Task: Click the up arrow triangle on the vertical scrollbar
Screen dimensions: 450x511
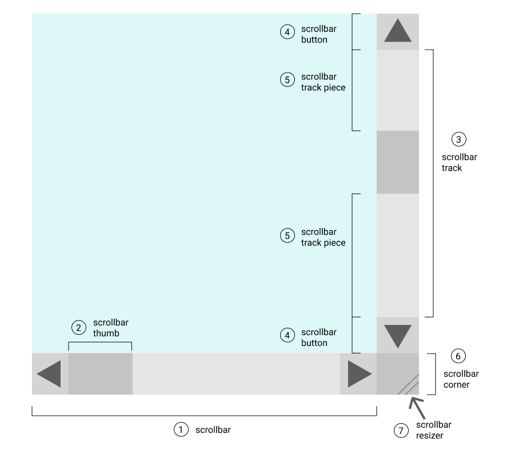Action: click(398, 31)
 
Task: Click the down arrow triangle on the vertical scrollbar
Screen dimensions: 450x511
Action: click(398, 336)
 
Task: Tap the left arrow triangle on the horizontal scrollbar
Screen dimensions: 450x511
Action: click(50, 374)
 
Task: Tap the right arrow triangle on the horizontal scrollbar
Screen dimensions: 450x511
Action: click(359, 374)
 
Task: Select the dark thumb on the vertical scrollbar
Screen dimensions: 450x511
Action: click(398, 162)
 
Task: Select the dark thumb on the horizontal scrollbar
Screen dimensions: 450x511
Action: click(101, 374)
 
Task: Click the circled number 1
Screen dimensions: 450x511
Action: click(181, 429)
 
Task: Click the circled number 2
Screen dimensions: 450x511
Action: click(78, 327)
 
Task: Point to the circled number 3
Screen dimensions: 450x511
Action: click(459, 139)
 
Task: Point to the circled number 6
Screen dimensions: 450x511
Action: click(458, 356)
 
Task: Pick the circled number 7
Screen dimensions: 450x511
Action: click(401, 429)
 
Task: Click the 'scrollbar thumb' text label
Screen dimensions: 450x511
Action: click(106, 327)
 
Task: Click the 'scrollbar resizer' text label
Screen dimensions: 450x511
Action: click(434, 429)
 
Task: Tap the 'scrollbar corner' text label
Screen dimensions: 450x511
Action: click(461, 379)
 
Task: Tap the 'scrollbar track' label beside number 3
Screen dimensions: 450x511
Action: click(460, 162)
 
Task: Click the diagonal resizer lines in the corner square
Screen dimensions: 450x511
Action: click(409, 384)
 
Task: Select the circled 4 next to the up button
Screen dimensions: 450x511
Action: click(287, 33)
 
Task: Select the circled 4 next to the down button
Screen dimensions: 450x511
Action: click(287, 335)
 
